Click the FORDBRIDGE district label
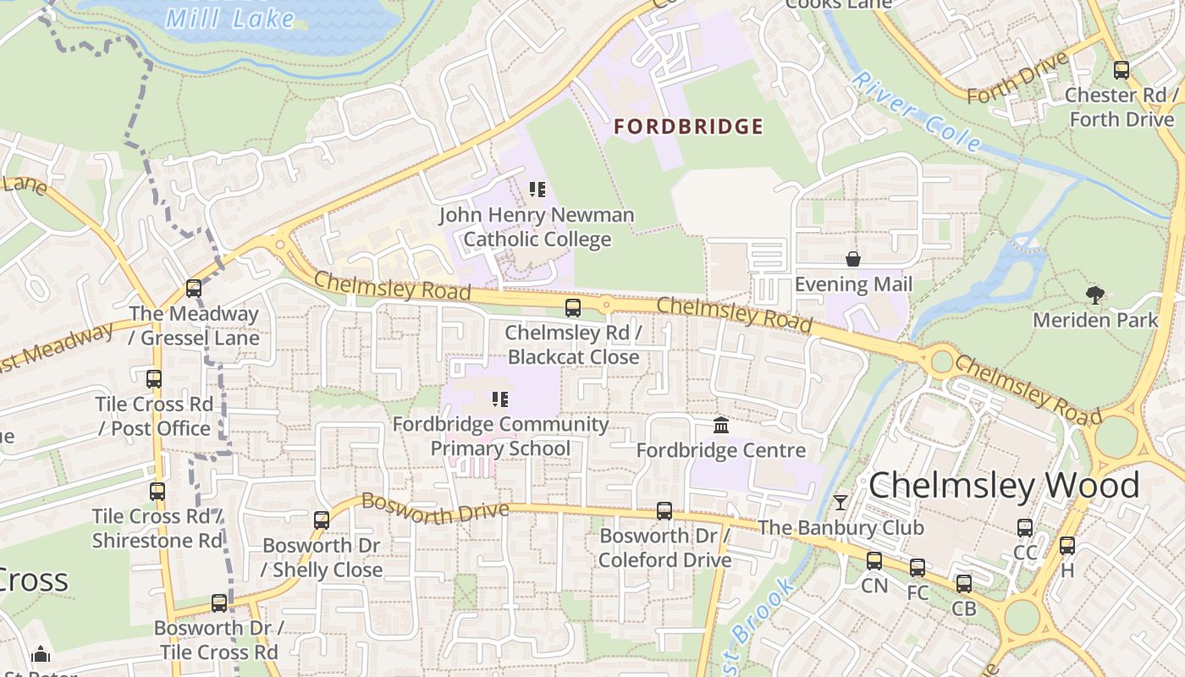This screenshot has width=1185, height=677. (x=688, y=127)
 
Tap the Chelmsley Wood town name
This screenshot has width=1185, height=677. (x=1004, y=486)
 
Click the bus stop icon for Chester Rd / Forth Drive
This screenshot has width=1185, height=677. (x=1122, y=70)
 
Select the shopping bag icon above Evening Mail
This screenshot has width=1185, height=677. (x=853, y=259)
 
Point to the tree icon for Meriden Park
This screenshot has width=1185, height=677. (x=1095, y=295)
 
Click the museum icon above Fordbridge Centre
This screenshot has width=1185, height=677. (x=721, y=425)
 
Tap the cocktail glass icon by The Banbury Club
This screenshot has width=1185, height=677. (x=840, y=503)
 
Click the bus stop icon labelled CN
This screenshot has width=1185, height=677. (x=874, y=561)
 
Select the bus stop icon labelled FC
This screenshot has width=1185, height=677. (x=918, y=568)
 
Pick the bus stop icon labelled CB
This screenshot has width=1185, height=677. (x=964, y=583)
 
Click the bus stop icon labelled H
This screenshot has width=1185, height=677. (x=1066, y=546)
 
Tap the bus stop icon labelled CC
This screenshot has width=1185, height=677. (x=1025, y=528)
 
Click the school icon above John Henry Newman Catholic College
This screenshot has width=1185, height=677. (x=537, y=190)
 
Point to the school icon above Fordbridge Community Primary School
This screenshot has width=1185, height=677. (x=499, y=399)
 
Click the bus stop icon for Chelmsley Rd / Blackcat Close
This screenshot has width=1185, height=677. (x=573, y=308)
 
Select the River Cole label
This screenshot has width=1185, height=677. (x=916, y=111)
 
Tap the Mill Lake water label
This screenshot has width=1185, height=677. (x=230, y=19)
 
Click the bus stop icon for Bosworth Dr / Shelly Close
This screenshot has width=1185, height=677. (x=322, y=520)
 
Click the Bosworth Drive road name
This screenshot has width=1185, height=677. (x=434, y=508)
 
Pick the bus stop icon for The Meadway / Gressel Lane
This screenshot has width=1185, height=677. (x=194, y=289)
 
